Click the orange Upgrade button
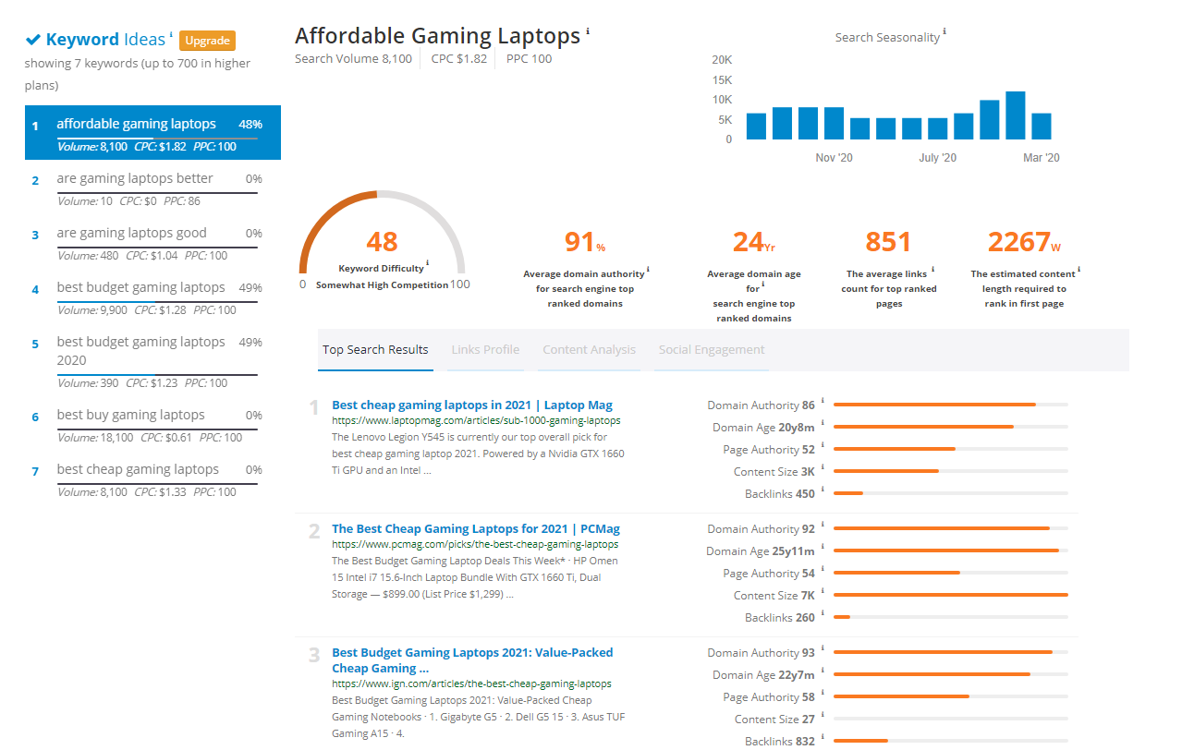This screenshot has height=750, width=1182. [x=207, y=41]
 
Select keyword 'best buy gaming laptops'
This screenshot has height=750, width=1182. [x=130, y=416]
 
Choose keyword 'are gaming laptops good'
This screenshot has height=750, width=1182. [x=131, y=233]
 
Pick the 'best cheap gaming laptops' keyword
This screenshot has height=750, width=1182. [x=138, y=469]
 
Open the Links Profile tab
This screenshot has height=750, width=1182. [x=485, y=350]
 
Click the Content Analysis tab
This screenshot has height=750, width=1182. [x=589, y=350]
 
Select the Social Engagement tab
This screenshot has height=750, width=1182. [x=711, y=350]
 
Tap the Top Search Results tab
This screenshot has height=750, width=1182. [x=375, y=350]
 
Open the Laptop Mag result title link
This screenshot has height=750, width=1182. [x=471, y=405]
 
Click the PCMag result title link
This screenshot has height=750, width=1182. [x=475, y=528]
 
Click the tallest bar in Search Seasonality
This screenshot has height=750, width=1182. [x=1016, y=115]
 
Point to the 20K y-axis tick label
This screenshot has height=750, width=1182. [x=722, y=60]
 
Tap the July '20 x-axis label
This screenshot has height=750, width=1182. [x=937, y=158]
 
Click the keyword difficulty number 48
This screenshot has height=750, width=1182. [x=382, y=242]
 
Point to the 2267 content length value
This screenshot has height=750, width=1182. [x=1018, y=242]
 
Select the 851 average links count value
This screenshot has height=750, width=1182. [x=888, y=242]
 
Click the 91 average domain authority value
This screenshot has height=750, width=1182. [x=579, y=242]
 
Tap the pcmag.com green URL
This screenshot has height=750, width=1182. [x=475, y=545]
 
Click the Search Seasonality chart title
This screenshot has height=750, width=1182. [x=887, y=38]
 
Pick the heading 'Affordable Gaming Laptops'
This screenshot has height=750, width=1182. [x=437, y=36]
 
